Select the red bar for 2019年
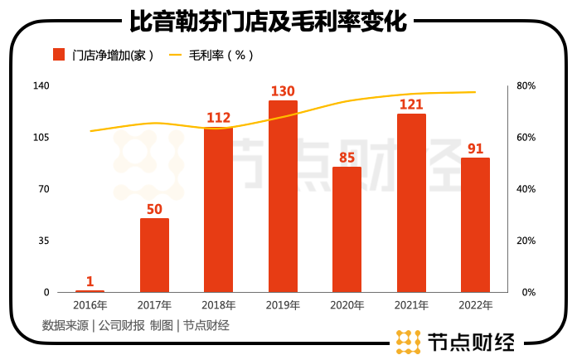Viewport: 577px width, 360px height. click(283, 197)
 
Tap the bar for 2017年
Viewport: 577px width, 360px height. click(154, 255)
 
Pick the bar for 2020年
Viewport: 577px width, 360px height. click(347, 230)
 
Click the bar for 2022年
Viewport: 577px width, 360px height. click(475, 225)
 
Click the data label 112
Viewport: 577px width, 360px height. click(218, 118)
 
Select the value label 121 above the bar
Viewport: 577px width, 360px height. click(411, 105)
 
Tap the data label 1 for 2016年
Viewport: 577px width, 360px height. click(90, 281)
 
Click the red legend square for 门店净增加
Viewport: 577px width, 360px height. click(59, 56)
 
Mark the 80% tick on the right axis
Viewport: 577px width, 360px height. click(526, 86)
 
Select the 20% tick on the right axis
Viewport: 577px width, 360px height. click(526, 241)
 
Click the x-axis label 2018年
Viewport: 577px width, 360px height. click(218, 305)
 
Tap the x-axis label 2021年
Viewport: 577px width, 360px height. click(411, 305)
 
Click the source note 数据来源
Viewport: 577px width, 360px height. click(65, 326)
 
